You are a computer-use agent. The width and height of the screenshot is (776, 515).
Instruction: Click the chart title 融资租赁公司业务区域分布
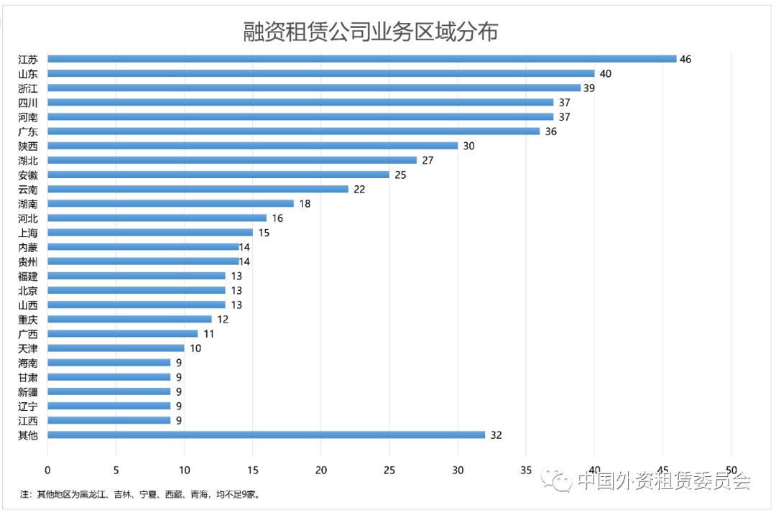pos(370,32)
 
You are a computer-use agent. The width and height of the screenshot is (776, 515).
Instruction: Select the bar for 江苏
pos(361,59)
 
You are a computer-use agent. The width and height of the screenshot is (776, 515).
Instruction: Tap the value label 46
pos(685,59)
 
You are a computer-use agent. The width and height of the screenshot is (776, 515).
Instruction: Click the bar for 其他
pos(266,435)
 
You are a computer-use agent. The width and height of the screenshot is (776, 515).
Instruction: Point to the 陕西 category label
pos(28,146)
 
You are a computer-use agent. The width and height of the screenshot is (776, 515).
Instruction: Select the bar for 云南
pos(198,189)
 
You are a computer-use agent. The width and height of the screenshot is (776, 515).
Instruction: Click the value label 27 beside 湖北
pos(428,160)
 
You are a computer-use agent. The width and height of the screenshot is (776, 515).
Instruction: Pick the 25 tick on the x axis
pos(389,470)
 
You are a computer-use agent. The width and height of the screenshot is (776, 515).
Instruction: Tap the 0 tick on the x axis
pos(47,470)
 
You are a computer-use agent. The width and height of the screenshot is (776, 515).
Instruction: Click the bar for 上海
pos(150,232)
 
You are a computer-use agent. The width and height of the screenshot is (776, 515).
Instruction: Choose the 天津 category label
pos(28,348)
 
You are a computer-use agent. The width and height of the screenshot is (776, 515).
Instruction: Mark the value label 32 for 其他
pos(496,435)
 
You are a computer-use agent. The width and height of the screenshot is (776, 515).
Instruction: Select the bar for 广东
pos(293,131)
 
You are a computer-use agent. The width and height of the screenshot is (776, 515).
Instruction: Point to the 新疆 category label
pos(28,391)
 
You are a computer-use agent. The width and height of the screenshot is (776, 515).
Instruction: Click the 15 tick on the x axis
pos(253,470)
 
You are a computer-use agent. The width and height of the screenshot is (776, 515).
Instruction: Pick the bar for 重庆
pos(129,319)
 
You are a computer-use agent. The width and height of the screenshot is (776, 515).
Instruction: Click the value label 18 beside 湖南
pos(305,203)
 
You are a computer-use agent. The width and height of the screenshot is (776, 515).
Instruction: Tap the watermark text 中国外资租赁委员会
pos(663,480)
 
